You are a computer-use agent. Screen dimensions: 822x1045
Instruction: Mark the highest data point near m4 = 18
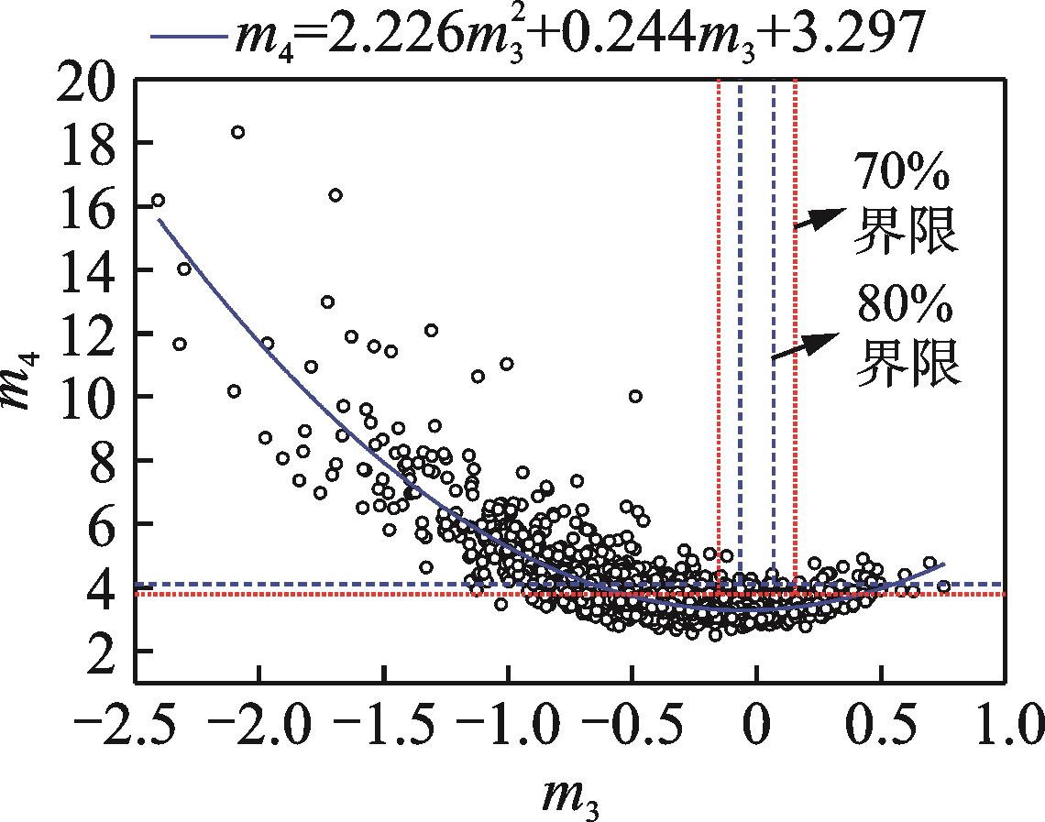click(237, 132)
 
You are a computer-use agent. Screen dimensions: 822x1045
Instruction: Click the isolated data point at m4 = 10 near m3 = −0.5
click(635, 396)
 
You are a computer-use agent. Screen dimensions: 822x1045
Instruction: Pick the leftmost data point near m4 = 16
click(158, 200)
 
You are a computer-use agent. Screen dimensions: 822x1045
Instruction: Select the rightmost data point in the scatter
click(943, 586)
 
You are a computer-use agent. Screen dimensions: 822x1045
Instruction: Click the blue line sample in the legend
click(189, 37)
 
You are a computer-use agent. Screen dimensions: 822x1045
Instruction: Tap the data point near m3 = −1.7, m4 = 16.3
click(335, 194)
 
